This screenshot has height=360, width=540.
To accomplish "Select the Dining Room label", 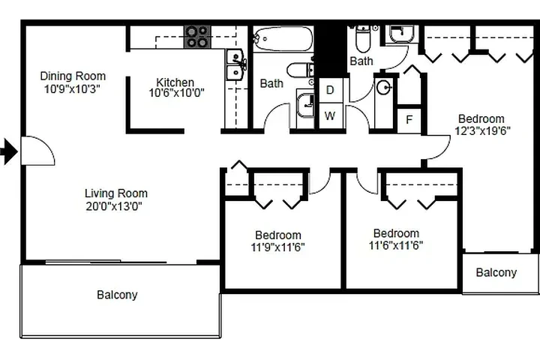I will pos(73,76).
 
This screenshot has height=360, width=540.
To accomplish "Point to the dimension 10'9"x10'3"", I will pos(73,88).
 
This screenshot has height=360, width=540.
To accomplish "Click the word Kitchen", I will pos(175,82).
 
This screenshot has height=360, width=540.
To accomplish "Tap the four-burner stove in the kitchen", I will pos(197,37).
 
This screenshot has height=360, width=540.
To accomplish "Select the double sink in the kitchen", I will pos(236,65).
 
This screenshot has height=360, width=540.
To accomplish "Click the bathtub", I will pos(281,38).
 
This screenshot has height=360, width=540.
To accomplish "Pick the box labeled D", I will pos(330,90).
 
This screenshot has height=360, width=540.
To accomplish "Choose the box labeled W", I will pos(330,116).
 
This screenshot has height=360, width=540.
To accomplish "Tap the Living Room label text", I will pos(115,193).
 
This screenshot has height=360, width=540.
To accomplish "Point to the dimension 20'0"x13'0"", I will pos(115,205).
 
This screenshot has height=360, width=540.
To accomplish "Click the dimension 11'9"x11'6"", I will pos(277,247).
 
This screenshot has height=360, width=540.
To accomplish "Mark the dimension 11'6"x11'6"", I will pos(396,245).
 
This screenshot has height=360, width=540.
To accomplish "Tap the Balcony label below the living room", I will pos(117,295).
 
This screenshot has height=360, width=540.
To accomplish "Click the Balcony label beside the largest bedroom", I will pos(496,272).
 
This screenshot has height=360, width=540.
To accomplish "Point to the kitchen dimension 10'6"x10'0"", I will pos(177,94).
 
